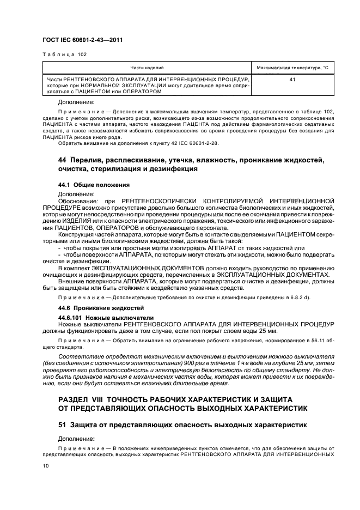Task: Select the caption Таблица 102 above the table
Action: [64, 54]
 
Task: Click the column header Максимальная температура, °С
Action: [292, 68]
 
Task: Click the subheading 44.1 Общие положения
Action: [93, 185]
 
